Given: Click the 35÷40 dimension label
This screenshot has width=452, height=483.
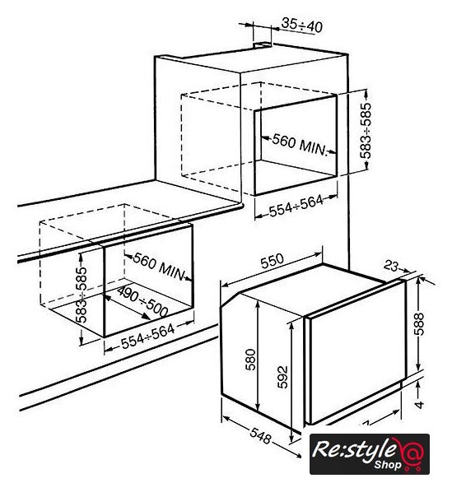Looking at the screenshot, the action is [302, 26].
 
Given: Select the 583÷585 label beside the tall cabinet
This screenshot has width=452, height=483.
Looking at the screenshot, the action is [366, 131].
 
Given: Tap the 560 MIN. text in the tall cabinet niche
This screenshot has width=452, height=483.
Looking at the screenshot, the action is [299, 145].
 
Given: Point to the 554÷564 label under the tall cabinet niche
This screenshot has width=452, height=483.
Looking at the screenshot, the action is [296, 206].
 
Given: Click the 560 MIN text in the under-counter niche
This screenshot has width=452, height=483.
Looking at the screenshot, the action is [159, 267].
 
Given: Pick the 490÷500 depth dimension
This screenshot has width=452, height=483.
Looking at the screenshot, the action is [142, 301].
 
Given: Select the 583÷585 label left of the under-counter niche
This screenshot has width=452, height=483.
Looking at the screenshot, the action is [82, 295].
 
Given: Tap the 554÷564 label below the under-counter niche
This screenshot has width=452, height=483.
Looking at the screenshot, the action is [147, 337].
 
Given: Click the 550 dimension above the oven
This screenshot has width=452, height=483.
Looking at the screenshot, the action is [272, 261].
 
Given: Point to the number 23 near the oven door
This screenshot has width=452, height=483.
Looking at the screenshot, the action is [391, 266].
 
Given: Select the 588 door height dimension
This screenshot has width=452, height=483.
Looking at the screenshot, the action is [419, 324].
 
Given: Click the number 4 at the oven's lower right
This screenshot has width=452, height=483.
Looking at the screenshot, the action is [419, 404].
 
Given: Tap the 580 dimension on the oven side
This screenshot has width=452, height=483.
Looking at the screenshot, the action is [250, 360].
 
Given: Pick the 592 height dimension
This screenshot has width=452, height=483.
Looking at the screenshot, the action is [282, 377].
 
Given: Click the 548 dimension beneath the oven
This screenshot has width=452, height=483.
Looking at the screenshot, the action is [260, 436].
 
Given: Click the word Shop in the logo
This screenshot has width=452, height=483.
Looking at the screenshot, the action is [388, 465].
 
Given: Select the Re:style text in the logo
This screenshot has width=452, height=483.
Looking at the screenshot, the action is [355, 450].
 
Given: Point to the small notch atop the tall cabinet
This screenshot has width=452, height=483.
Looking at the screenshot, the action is [263, 45].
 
